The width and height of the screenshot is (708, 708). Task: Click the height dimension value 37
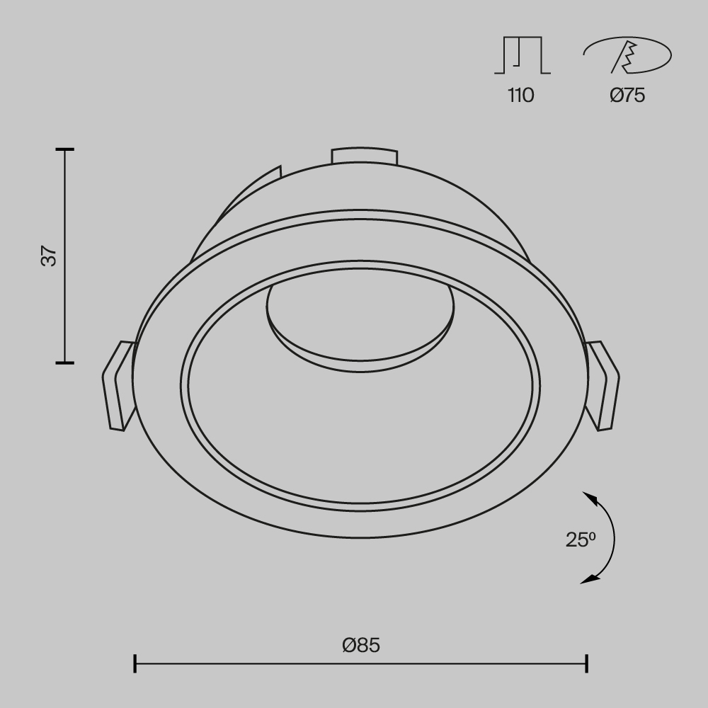[48, 256]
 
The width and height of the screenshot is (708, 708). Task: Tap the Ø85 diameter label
[360, 645]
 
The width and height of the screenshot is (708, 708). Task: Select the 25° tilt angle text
[581, 539]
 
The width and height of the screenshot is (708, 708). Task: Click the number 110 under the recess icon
[520, 96]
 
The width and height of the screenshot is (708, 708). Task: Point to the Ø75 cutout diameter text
[627, 96]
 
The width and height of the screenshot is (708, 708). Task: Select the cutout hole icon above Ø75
[627, 55]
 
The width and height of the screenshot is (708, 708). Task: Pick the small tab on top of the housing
[364, 156]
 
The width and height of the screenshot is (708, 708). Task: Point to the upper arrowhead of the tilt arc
[589, 498]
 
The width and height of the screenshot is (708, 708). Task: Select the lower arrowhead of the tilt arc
[588, 580]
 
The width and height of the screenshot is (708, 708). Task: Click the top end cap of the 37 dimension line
[64, 150]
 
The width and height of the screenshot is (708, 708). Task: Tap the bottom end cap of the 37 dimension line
[64, 362]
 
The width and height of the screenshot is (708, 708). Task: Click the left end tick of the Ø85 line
[135, 663]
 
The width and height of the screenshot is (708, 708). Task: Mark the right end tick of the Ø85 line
[586, 663]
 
